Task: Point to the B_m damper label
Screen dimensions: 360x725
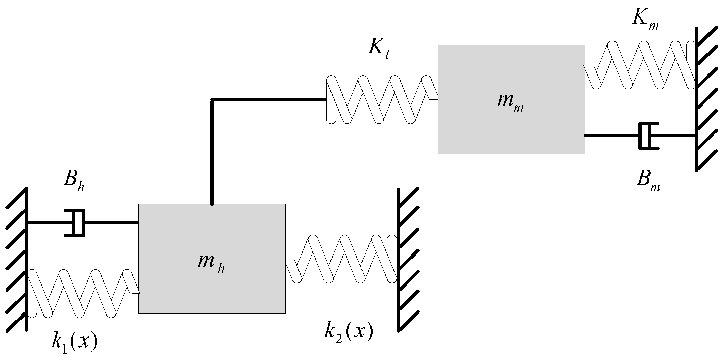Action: (648, 181)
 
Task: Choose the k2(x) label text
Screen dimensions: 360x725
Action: (349, 332)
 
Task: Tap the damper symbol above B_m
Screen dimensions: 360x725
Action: (648, 136)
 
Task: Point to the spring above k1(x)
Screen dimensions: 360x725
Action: (83, 293)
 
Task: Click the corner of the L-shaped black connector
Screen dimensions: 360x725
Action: (212, 100)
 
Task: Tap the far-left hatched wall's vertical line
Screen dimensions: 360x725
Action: (27, 260)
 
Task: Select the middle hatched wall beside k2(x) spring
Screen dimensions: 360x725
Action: (399, 260)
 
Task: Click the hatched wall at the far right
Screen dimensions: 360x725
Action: (696, 99)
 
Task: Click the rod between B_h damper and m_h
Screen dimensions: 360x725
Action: (111, 223)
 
